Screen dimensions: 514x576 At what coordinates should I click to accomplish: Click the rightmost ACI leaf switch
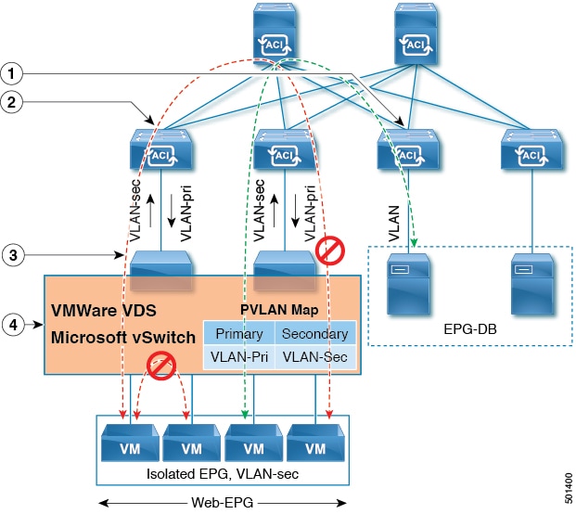coord(531,150)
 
